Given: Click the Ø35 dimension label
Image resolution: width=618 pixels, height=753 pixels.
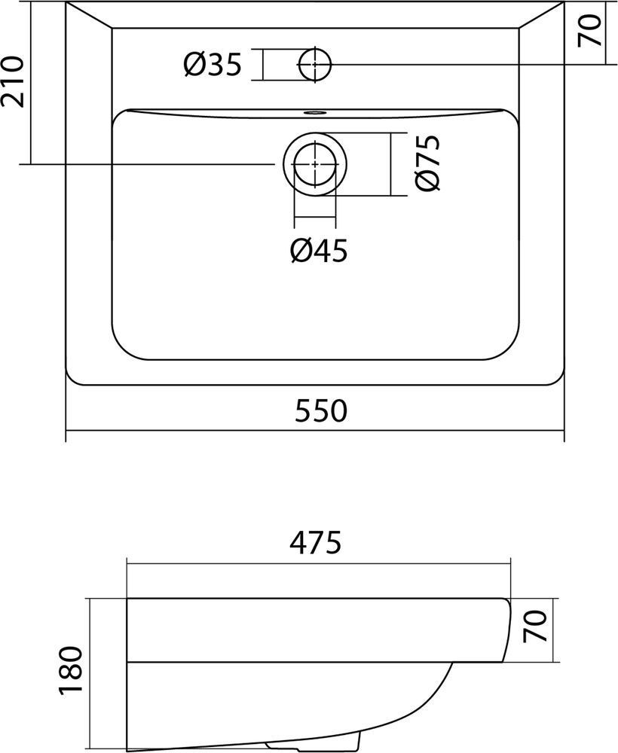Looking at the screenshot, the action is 212,64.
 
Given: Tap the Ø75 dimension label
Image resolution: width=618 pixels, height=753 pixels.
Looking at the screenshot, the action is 427,163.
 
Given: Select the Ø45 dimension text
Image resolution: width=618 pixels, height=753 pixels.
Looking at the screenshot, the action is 319,251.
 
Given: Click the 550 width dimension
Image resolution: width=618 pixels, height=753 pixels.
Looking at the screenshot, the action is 320,410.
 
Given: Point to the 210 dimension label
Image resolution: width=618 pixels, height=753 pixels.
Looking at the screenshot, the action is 13,81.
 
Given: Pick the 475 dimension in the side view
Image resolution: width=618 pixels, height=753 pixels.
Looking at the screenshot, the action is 315,542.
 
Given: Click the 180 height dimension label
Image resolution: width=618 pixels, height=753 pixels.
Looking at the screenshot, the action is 71,670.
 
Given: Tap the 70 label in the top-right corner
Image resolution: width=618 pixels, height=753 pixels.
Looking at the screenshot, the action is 589,31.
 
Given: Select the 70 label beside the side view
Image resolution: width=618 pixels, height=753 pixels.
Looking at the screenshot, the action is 535,626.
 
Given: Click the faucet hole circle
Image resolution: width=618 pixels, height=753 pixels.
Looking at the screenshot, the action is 315,64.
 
